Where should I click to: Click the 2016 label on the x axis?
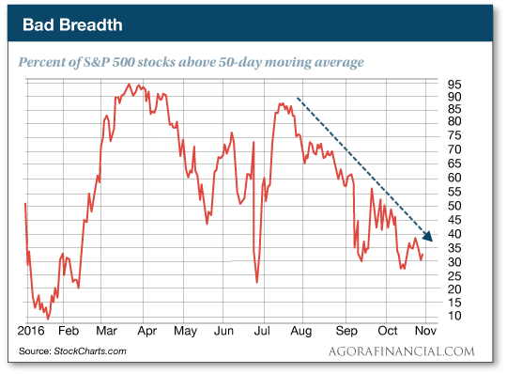[32, 333]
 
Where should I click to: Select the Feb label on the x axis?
[69, 333]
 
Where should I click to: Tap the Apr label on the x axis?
[146, 333]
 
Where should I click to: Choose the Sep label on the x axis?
[346, 333]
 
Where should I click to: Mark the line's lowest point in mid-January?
[47, 319]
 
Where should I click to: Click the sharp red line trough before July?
[257, 281]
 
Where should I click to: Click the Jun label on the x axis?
[223, 333]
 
